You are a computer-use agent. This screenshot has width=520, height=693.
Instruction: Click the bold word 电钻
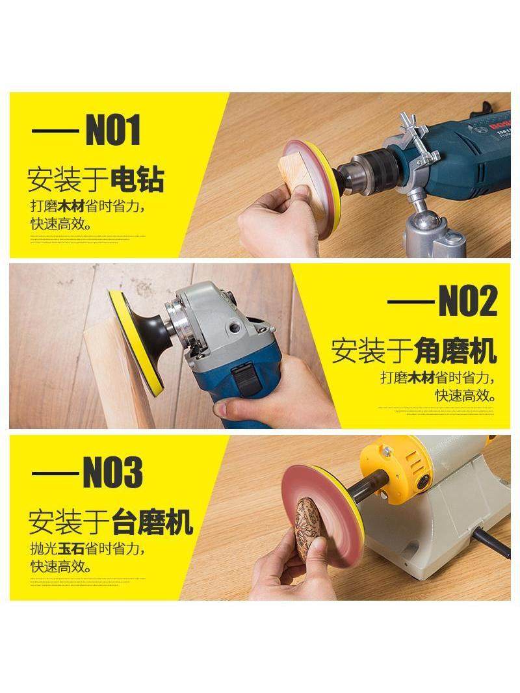click(x=137, y=180)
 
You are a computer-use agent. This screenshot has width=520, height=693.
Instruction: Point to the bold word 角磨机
click(x=455, y=352)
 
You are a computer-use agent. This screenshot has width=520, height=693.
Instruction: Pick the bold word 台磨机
click(x=152, y=522)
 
